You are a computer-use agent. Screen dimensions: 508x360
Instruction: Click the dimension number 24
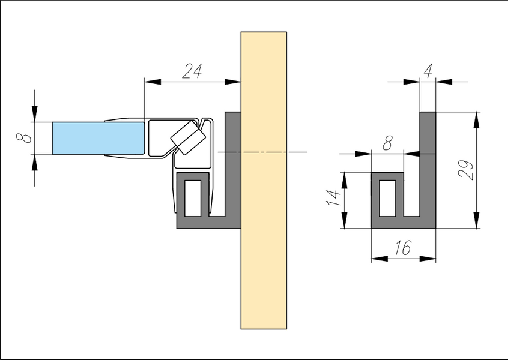tap(192, 71)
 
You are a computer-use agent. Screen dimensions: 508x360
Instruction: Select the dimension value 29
tap(466, 170)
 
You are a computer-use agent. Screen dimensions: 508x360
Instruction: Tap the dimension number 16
tap(403, 248)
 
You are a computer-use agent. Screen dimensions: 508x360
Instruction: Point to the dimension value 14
tap(334, 198)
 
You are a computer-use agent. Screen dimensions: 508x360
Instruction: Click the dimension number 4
tap(428, 71)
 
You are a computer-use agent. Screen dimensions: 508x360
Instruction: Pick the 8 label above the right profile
tap(387, 143)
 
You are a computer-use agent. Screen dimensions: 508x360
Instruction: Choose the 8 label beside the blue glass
tap(24, 138)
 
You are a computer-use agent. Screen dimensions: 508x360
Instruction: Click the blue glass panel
tap(98, 138)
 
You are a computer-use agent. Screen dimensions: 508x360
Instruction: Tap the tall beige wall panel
tap(264, 181)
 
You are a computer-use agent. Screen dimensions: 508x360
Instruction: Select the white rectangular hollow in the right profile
tap(387, 198)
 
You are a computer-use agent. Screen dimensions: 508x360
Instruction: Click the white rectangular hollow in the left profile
tap(193, 198)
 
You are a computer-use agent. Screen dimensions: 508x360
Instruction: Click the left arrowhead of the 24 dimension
tap(153, 82)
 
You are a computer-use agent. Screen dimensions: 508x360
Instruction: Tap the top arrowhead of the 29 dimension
tap(476, 120)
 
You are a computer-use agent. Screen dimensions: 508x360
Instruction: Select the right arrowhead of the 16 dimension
tap(428, 259)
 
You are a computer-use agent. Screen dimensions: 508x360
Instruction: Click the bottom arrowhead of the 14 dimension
tap(345, 220)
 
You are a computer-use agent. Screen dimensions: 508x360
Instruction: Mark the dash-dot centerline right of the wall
tap(297, 152)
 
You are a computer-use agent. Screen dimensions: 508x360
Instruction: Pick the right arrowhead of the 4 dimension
tap(444, 82)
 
